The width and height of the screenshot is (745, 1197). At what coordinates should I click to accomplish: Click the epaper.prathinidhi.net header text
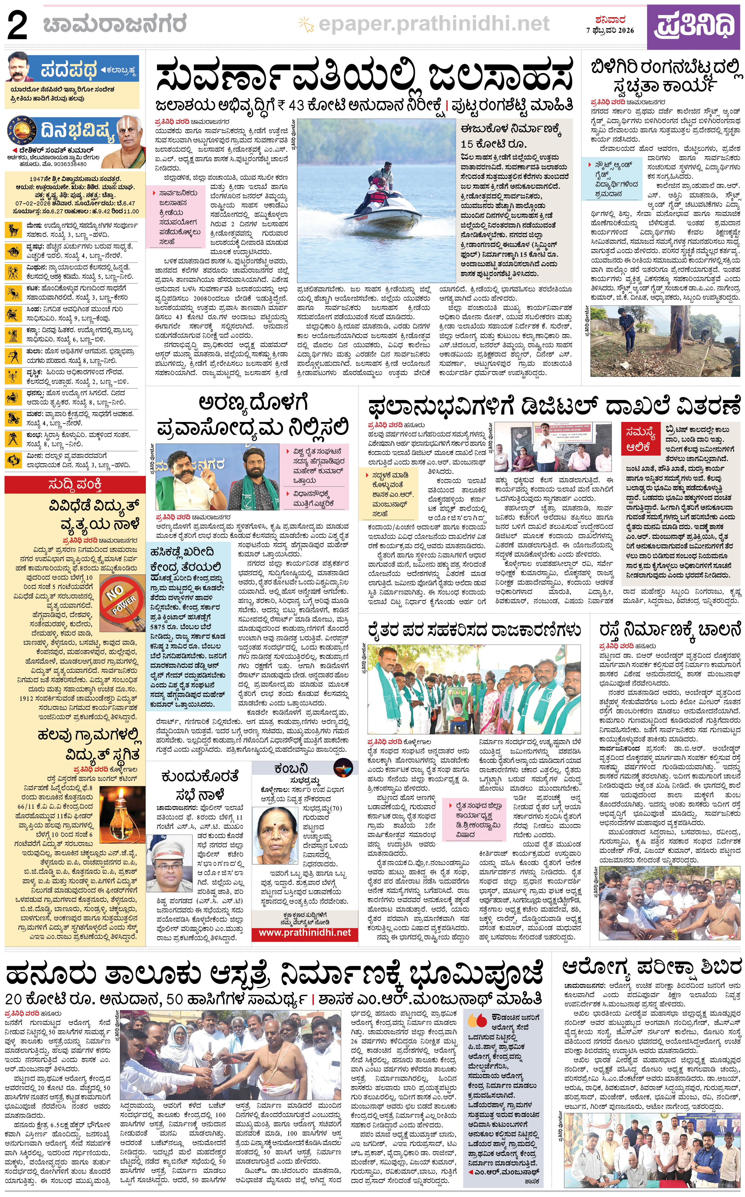pos(434,23)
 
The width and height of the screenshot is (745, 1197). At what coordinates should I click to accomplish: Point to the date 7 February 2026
pos(610,30)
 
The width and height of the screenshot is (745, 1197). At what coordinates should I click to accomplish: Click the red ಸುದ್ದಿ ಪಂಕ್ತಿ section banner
pos(75,485)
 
